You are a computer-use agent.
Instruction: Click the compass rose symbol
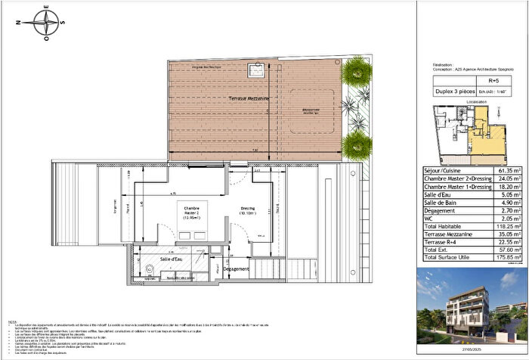[47, 22]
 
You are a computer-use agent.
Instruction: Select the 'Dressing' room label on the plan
[247, 210]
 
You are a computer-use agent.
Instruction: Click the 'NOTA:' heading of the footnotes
[11, 321]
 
